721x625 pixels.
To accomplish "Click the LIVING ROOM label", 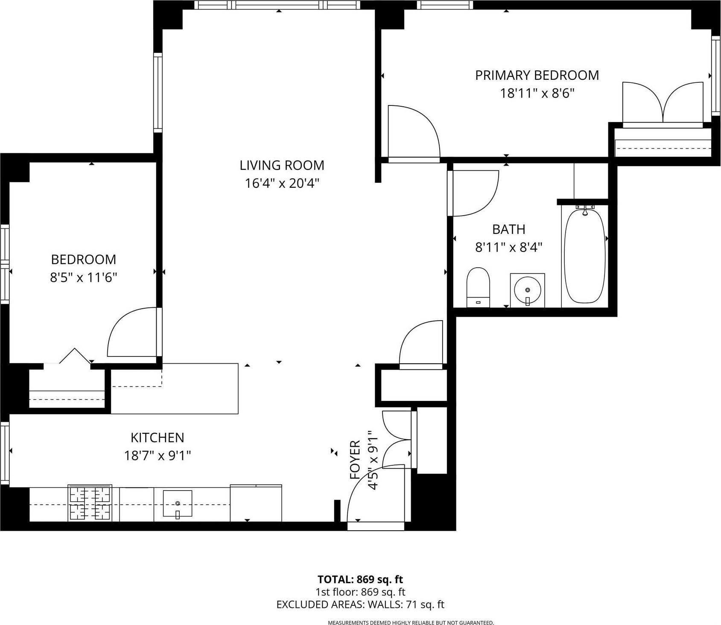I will [x=282, y=165].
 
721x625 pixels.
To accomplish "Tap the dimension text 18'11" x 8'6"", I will [x=537, y=93].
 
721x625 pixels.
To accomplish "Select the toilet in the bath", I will [x=478, y=286].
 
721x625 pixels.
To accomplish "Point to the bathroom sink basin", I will [x=528, y=290].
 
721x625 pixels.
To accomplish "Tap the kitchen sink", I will [x=178, y=504].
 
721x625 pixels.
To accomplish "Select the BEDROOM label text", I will [x=83, y=260].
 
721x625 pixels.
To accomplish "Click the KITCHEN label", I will [x=157, y=438].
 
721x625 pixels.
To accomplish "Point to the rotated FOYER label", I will [x=355, y=460].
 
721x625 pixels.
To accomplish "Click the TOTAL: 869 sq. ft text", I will [x=360, y=579].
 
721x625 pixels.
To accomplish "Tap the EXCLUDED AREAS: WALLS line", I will [x=360, y=605].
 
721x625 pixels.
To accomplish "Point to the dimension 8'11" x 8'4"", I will [x=508, y=247].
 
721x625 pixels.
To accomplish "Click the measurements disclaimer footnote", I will [x=411, y=623].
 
